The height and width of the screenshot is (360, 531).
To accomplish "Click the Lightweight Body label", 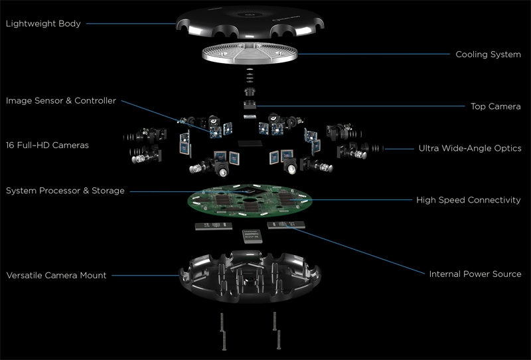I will [43, 25].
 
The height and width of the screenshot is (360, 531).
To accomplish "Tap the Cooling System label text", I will [488, 54].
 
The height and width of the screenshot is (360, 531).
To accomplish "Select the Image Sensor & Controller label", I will [61, 101].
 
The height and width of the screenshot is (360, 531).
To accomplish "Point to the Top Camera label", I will [496, 106].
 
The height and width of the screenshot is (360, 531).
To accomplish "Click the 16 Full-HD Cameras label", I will [47, 144].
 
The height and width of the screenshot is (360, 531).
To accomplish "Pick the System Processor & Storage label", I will [65, 191].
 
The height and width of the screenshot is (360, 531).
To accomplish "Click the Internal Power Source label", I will [475, 274].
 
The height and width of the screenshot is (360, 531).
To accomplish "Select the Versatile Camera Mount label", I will [56, 275].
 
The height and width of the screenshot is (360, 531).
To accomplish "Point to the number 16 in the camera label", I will [11, 144].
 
